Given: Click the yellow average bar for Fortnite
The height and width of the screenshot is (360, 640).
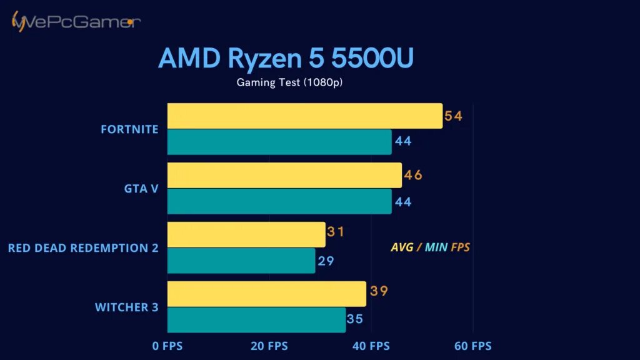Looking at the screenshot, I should pyautogui.click(x=304, y=116).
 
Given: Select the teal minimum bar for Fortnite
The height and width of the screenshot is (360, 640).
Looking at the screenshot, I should pyautogui.click(x=279, y=142).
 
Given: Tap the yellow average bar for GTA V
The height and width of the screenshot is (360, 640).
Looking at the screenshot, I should pyautogui.click(x=284, y=175).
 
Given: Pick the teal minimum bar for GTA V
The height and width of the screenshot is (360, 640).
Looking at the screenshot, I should pyautogui.click(x=279, y=201).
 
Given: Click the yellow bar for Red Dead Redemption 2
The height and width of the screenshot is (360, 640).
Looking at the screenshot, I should pyautogui.click(x=246, y=234).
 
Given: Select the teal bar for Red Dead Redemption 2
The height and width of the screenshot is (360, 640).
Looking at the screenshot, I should pyautogui.click(x=241, y=261).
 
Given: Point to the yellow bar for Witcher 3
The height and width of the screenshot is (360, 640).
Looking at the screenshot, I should pyautogui.click(x=267, y=294).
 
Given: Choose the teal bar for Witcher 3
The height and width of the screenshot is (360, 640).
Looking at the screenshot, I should pyautogui.click(x=256, y=320).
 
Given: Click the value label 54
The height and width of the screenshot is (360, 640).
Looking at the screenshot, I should pyautogui.click(x=453, y=116).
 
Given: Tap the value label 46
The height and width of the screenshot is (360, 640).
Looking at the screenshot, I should pyautogui.click(x=413, y=175).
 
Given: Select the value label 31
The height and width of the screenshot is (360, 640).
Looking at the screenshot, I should pyautogui.click(x=336, y=232).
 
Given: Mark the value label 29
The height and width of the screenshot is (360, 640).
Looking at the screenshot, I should pyautogui.click(x=326, y=261).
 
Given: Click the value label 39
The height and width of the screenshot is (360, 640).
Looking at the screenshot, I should pyautogui.click(x=379, y=291).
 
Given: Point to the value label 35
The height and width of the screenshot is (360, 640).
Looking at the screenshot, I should pyautogui.click(x=355, y=319).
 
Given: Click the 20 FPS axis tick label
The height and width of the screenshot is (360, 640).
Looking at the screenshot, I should pyautogui.click(x=269, y=346).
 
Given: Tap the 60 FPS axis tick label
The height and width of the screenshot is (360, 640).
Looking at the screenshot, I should pyautogui.click(x=472, y=346).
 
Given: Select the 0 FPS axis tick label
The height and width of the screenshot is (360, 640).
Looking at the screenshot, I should pyautogui.click(x=167, y=346).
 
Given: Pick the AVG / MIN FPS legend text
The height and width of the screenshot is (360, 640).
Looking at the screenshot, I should pyautogui.click(x=430, y=247).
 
